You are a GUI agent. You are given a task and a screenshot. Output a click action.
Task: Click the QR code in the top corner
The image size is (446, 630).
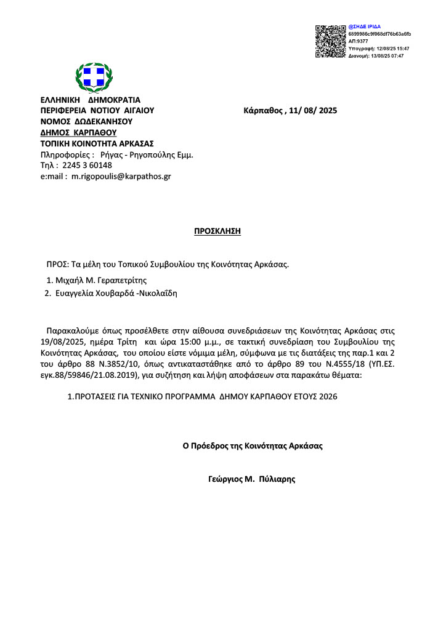[331, 41]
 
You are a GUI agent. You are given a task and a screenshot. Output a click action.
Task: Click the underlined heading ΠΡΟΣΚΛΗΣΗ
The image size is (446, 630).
[217, 231]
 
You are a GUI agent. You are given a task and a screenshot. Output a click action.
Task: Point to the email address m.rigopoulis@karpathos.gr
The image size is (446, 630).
[121, 176]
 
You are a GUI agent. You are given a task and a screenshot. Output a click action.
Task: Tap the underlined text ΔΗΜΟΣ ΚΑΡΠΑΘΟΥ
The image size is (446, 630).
[78, 132]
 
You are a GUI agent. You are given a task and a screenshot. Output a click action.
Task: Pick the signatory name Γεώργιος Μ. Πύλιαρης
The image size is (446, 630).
[252, 478]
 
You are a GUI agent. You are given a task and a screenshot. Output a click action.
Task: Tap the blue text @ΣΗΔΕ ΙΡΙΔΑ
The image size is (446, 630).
[365, 27]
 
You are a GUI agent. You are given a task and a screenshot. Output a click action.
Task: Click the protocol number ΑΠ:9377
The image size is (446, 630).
[358, 41]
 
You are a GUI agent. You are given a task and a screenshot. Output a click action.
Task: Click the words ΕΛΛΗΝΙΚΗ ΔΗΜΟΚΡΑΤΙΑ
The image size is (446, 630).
[91, 100]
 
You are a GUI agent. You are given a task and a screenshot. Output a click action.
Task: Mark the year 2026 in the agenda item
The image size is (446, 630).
[329, 397]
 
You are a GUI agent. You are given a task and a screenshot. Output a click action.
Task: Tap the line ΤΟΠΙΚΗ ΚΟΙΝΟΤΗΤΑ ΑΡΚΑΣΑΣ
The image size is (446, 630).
[97, 143]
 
